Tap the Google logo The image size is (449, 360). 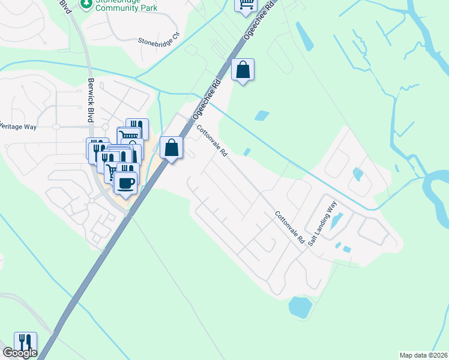[19, 353]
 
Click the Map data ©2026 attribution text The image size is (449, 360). [423, 355]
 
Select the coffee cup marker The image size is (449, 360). [125, 182]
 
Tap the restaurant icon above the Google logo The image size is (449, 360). [25, 343]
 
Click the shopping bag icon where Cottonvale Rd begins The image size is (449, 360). [172, 147]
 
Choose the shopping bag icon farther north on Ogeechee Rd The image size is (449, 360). [243, 70]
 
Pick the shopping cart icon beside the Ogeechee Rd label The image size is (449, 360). [245, 5]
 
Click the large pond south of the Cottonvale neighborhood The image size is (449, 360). [300, 307]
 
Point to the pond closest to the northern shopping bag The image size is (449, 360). [262, 115]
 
